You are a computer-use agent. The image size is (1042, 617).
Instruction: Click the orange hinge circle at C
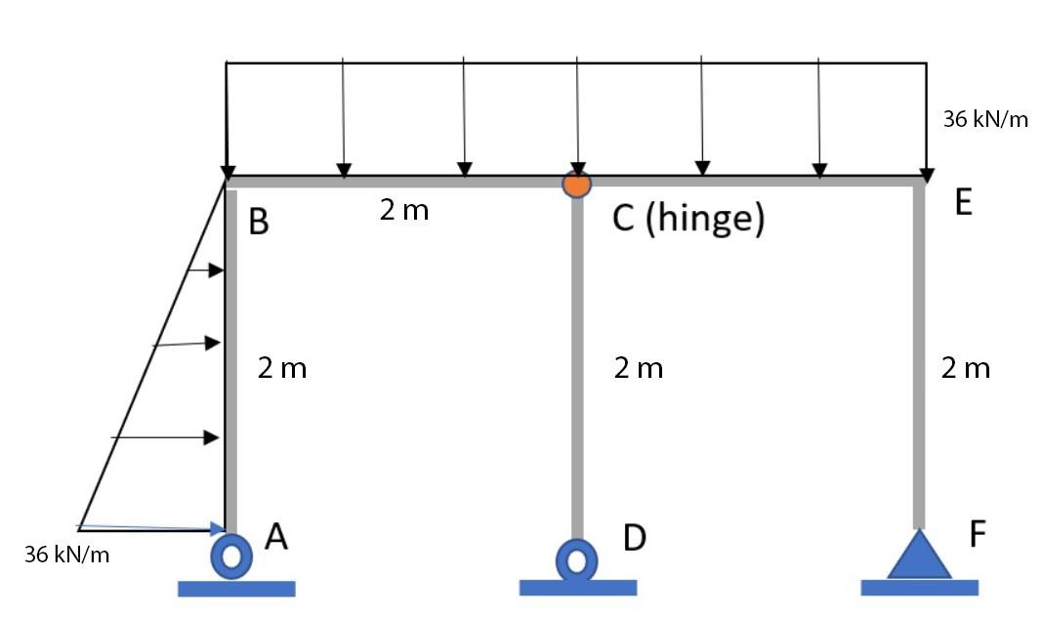(577, 183)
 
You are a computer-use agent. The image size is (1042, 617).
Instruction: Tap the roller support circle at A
(231, 555)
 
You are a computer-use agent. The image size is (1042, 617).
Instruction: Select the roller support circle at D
(577, 559)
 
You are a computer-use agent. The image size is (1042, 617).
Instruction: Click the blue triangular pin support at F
(918, 556)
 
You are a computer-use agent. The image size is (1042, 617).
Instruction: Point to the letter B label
(258, 223)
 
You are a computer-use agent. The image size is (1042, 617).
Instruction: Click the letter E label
(964, 202)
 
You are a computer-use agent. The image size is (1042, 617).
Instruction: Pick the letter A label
(276, 536)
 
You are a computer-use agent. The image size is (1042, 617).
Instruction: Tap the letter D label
(634, 537)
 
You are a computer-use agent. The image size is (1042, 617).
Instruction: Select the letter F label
(978, 534)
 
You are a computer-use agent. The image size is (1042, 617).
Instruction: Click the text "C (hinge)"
(688, 219)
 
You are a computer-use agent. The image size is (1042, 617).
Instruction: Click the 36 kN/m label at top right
(985, 120)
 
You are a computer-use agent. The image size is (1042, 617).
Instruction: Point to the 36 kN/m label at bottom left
(67, 555)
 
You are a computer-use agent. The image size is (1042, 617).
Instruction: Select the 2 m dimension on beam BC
(404, 210)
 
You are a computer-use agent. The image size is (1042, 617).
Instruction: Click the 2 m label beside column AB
(282, 368)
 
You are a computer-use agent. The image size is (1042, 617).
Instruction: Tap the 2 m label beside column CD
(639, 368)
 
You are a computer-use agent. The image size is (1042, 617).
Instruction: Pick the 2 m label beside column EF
(966, 368)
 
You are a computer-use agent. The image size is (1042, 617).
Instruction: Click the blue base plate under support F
(919, 587)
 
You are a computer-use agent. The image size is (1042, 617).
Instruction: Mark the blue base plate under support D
(577, 588)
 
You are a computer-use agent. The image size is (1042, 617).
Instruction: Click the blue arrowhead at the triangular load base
(218, 528)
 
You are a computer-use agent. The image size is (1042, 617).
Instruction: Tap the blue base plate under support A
(236, 588)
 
